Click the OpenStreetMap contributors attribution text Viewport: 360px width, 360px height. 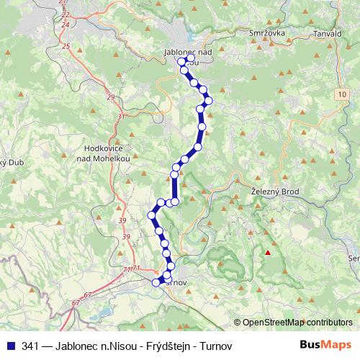point(297,322)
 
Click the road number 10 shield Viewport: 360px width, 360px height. point(341,94)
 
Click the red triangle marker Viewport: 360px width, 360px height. point(269,252)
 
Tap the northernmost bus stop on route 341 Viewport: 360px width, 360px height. point(182,62)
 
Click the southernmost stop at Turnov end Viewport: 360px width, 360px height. point(156,282)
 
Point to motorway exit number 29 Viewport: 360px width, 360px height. point(110,97)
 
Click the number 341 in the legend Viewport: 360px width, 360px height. point(30,346)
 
